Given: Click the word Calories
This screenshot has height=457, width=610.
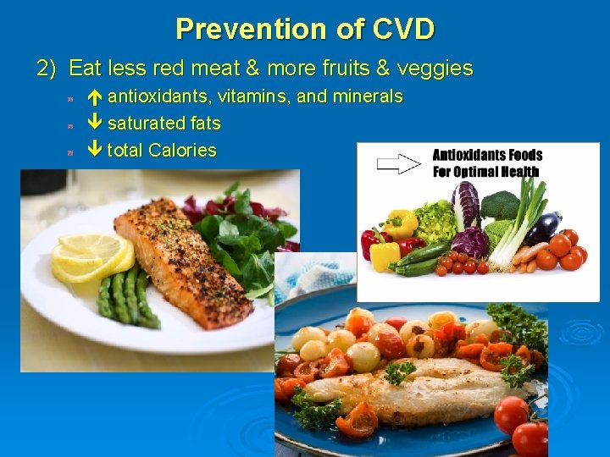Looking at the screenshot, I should click(x=182, y=151).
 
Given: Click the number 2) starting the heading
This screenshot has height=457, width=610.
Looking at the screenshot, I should click(x=47, y=68).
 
